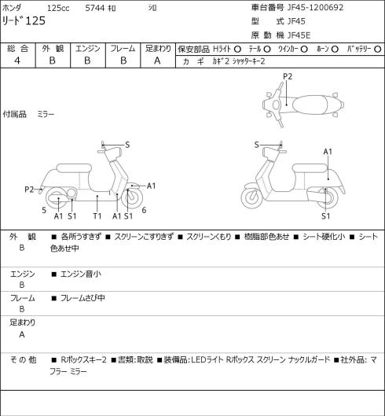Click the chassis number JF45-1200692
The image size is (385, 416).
[316, 7]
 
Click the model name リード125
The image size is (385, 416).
[24, 20]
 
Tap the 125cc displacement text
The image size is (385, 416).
[58, 8]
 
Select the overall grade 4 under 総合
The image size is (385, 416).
[17, 61]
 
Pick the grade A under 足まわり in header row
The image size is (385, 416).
[157, 61]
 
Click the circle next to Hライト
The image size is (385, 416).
[237, 49]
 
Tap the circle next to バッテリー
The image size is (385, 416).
[378, 49]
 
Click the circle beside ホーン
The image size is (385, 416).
[335, 49]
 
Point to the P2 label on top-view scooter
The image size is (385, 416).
[288, 77]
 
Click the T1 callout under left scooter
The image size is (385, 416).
[97, 216]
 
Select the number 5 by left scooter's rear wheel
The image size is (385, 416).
[44, 211]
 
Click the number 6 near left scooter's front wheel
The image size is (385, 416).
[144, 211]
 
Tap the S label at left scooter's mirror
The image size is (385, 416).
[127, 145]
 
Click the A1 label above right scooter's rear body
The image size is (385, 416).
[328, 152]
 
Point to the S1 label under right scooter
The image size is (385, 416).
[325, 216]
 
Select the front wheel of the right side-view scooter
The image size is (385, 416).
[251, 198]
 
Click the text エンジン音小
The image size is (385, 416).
[81, 274]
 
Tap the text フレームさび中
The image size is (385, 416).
[82, 298]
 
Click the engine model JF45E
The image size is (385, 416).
[299, 35]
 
